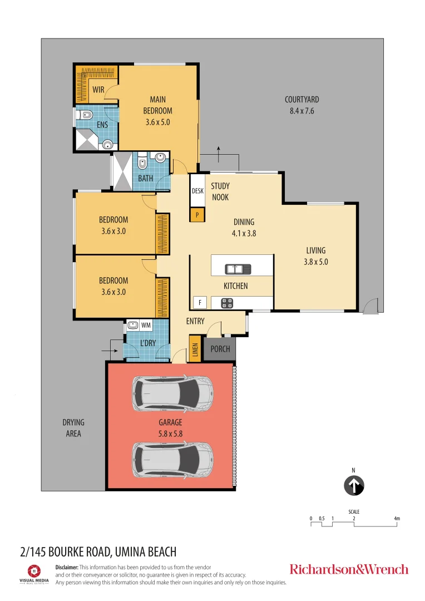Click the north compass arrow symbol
point(353,485)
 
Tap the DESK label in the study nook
point(197,191)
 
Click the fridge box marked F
point(199,303)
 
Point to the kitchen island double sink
point(238,269)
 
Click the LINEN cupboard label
point(195,349)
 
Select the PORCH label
point(220,349)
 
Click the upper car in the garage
point(172,392)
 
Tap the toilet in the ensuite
point(85,116)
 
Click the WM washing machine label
point(146,325)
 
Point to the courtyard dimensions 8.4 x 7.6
point(302,111)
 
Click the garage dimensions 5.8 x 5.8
point(170,433)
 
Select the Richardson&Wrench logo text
point(349,569)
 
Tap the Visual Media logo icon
point(34,571)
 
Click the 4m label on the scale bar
point(397,519)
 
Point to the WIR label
point(98,90)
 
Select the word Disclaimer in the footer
point(67,566)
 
